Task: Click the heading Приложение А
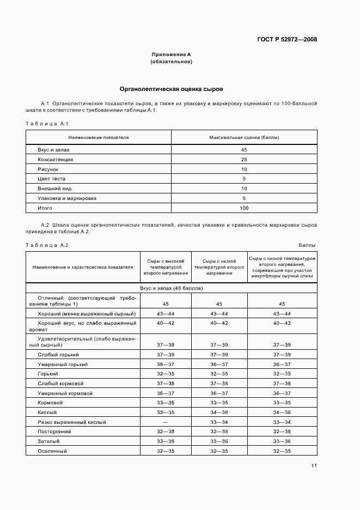click(x=171, y=54)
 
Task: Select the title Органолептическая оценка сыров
click(x=171, y=88)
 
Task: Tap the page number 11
click(x=314, y=465)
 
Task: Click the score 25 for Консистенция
click(x=244, y=159)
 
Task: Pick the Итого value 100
click(x=244, y=208)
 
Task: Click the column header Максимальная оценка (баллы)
click(x=244, y=137)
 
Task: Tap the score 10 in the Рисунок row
click(x=244, y=169)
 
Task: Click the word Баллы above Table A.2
click(x=307, y=245)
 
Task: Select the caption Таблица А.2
click(x=47, y=245)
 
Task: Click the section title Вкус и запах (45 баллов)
click(x=171, y=288)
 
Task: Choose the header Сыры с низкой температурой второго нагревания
click(x=218, y=267)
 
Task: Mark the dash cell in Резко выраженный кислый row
click(x=166, y=422)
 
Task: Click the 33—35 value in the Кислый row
click(x=166, y=412)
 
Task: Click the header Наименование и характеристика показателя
click(x=83, y=267)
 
